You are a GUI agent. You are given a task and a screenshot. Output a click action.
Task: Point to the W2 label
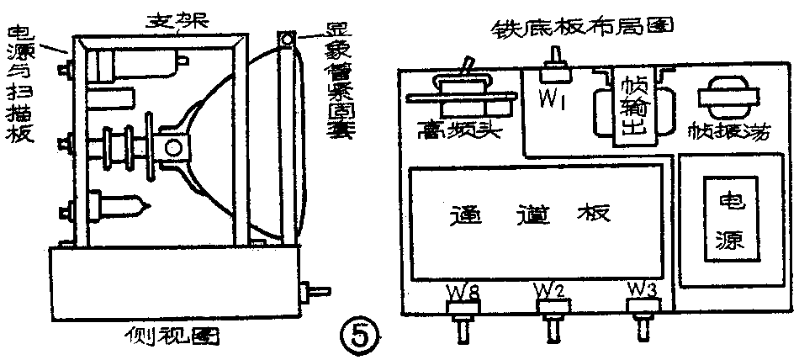click(551, 291)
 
